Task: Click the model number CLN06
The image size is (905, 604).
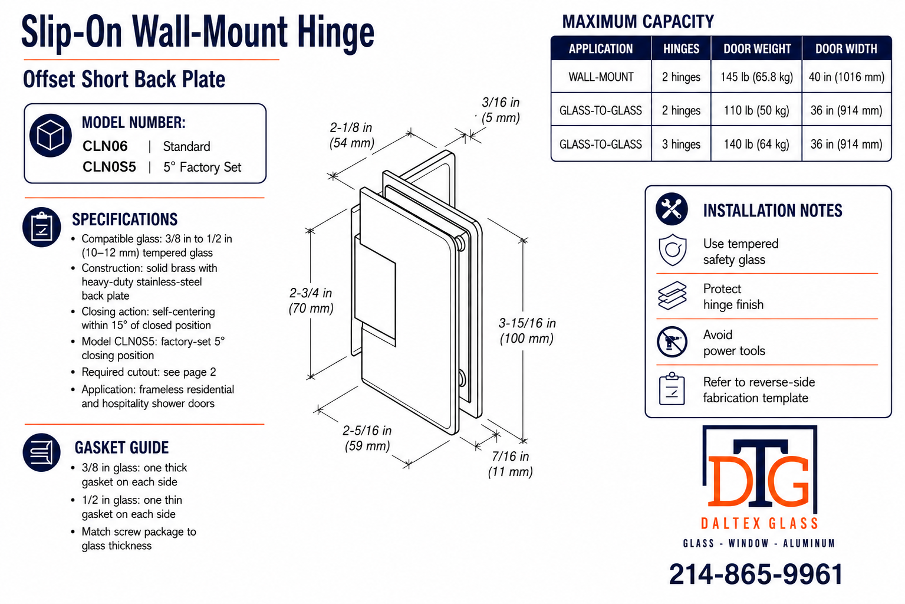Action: (105, 146)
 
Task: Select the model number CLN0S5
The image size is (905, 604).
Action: (109, 166)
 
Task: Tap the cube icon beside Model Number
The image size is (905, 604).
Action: (51, 136)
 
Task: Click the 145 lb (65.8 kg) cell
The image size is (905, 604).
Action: (756, 77)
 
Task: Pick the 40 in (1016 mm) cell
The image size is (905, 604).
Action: (847, 77)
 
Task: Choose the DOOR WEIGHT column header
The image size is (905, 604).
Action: (757, 49)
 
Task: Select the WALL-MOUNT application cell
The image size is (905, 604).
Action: (601, 77)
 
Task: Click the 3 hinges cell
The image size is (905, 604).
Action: (681, 145)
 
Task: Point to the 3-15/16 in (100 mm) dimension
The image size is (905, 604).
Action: (527, 331)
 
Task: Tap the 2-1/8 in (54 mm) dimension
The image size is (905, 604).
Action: (351, 135)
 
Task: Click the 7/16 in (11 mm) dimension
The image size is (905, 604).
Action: (510, 464)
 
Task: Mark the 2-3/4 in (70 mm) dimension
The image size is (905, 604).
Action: (311, 300)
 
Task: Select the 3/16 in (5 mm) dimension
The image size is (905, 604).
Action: (500, 110)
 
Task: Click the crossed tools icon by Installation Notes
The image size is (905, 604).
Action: (672, 209)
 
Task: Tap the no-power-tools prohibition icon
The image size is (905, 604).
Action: (672, 342)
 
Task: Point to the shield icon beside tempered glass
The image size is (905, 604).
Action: (672, 250)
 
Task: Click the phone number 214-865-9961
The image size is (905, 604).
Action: (756, 574)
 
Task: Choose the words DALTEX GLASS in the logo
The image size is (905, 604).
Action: (759, 524)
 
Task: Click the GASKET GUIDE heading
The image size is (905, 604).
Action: (121, 448)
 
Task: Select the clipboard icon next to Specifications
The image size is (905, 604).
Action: (42, 227)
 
